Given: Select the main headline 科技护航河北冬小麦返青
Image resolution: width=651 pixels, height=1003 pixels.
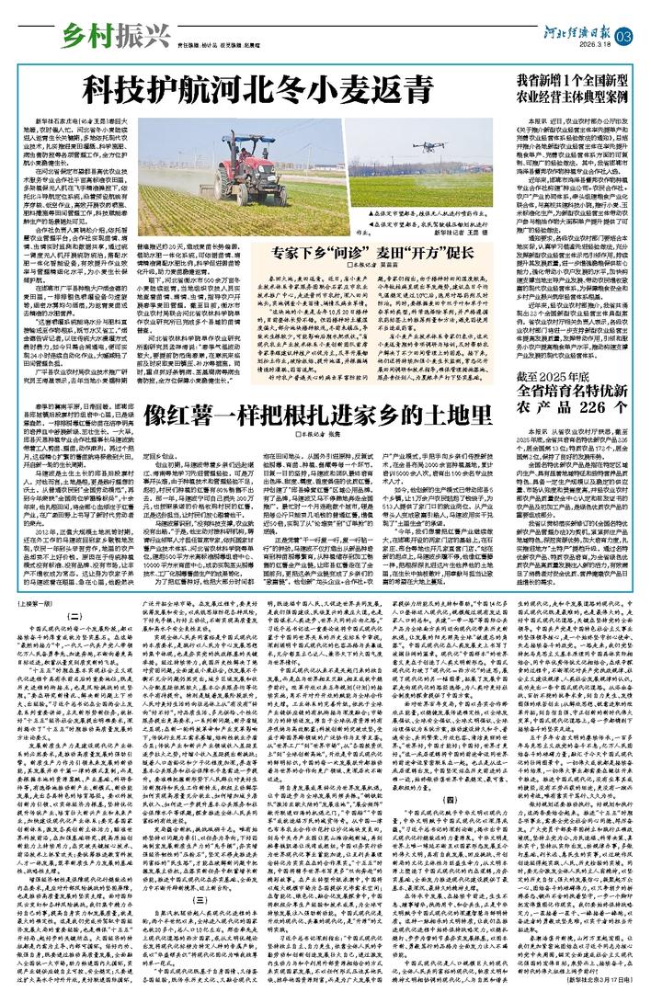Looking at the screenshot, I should tap(257, 91).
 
